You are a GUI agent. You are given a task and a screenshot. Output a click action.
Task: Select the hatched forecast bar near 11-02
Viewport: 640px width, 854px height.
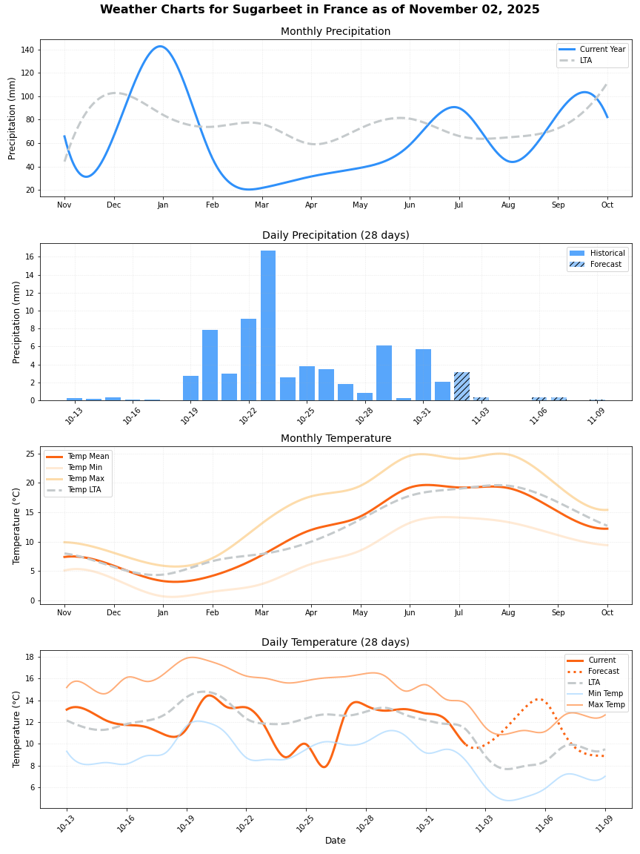[461, 386]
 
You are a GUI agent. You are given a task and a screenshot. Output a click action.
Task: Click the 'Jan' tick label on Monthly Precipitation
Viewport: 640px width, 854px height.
[163, 205]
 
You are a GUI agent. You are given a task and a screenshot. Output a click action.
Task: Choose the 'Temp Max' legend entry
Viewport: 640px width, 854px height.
[85, 479]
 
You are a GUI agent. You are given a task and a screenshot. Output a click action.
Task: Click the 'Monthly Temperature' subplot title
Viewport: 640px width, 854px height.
[336, 439]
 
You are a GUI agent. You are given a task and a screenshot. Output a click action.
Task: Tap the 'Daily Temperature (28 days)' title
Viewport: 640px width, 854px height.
[336, 642]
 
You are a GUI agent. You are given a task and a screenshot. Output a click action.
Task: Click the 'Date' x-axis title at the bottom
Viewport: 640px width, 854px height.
[336, 841]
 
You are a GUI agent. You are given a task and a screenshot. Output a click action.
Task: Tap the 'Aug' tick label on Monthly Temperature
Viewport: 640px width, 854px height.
[508, 612]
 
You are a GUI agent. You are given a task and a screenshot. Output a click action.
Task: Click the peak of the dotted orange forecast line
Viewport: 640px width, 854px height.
[539, 698]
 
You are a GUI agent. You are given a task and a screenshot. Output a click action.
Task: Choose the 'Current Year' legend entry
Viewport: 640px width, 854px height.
[602, 49]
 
